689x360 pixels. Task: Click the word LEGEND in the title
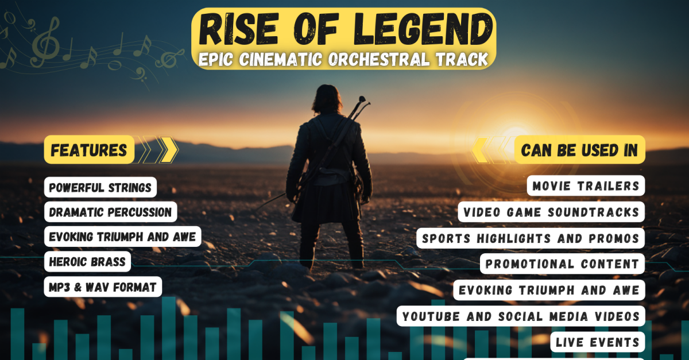(424, 29)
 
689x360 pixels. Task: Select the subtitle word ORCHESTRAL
(378, 59)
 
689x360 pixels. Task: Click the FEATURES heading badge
(89, 150)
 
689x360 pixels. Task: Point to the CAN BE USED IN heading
(579, 150)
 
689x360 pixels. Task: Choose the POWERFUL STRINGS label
(100, 187)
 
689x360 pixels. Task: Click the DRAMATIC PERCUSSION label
(110, 212)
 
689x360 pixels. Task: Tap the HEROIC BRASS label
(87, 262)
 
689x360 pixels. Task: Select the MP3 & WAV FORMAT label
(103, 287)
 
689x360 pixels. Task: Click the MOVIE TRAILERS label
(586, 186)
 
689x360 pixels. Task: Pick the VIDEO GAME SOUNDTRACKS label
(551, 212)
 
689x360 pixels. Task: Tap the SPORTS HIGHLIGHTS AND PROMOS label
(531, 238)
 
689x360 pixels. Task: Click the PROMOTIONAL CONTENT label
(562, 264)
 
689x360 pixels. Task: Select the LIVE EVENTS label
(598, 342)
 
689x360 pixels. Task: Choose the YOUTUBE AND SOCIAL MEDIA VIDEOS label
(521, 316)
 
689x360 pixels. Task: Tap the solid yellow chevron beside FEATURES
(169, 150)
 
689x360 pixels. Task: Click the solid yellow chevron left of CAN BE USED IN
(480, 150)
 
